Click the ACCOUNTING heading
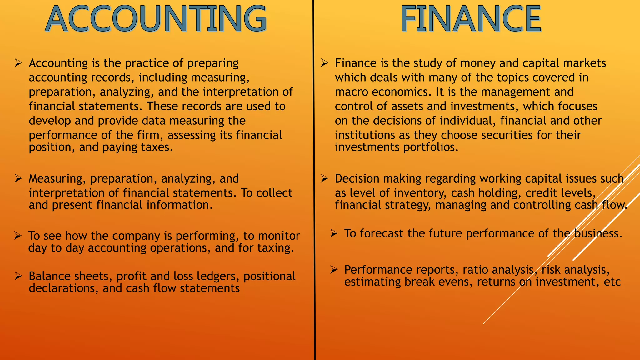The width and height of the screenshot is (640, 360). [x=156, y=19]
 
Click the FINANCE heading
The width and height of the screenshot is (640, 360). [x=471, y=19]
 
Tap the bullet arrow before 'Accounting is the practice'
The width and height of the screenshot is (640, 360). [x=18, y=63]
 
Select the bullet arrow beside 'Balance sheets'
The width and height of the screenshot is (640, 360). [x=18, y=276]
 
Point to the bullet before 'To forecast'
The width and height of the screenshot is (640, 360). [x=334, y=233]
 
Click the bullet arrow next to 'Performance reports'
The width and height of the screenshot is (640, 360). [x=334, y=270]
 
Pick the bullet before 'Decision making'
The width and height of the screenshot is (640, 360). [x=324, y=178]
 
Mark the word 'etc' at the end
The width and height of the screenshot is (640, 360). [x=612, y=282]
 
